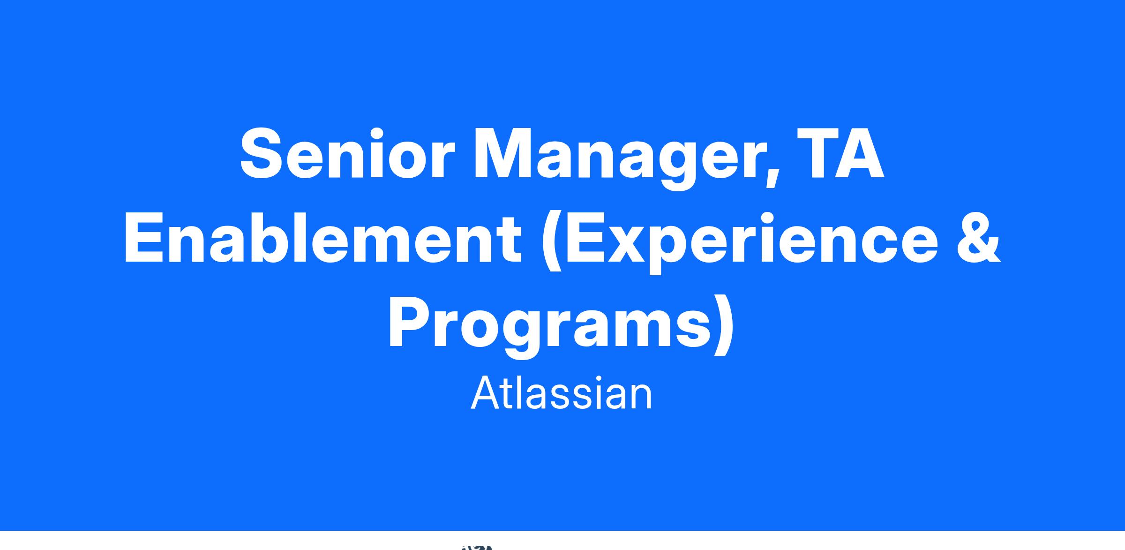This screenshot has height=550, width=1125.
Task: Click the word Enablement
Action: tap(322, 237)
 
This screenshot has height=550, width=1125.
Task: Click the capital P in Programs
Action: tap(410, 323)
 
